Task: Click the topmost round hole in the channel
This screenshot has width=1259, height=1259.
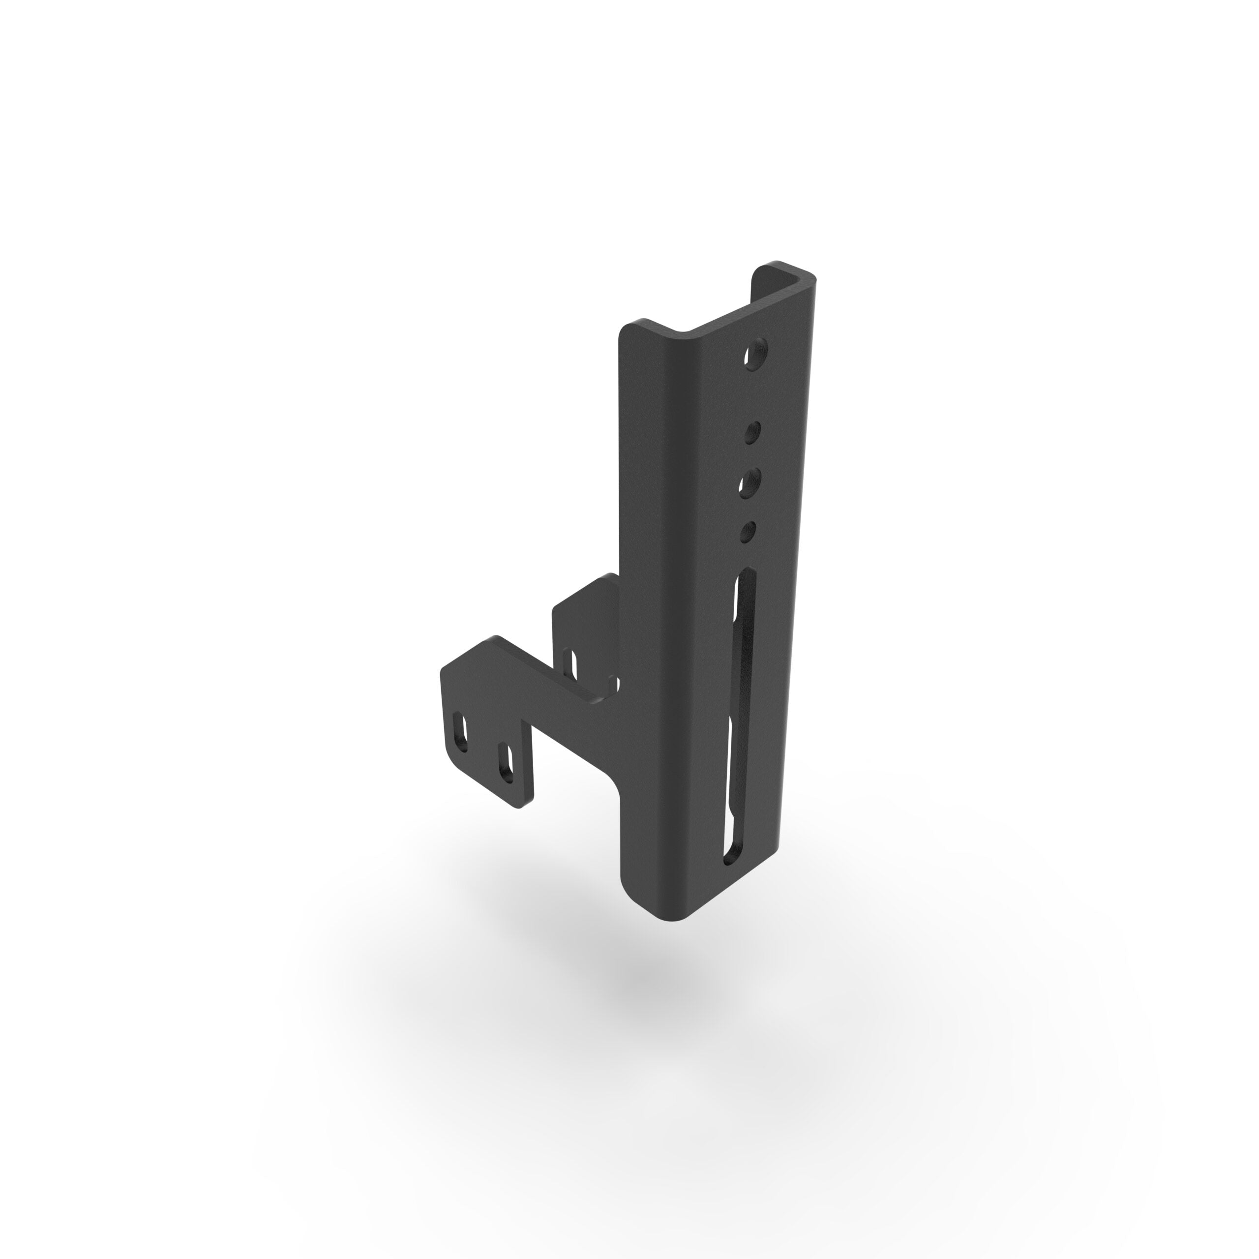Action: [x=756, y=354]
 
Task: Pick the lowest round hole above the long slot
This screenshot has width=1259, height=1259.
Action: [x=749, y=531]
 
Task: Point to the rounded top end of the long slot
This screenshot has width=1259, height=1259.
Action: [x=746, y=577]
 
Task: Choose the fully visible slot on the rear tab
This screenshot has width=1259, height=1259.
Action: [x=571, y=663]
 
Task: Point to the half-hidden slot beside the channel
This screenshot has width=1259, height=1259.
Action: [x=612, y=684]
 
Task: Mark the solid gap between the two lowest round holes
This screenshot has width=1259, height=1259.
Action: [x=750, y=507]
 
